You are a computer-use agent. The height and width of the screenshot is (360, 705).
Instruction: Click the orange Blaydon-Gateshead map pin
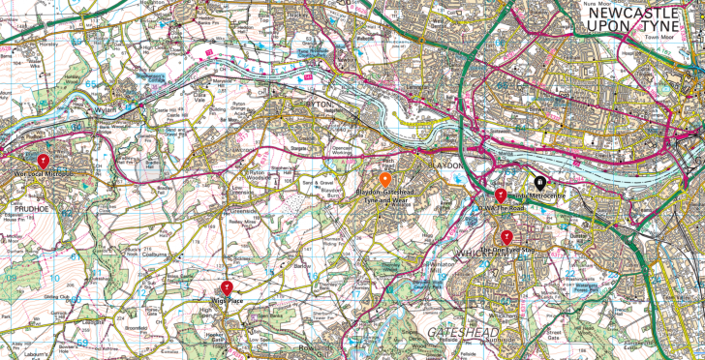tap(384, 179)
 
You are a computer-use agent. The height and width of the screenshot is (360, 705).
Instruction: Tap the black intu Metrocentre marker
tap(540, 181)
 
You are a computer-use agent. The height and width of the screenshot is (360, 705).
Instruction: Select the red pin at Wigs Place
tap(227, 286)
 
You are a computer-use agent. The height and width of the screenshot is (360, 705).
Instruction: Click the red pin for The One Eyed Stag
tap(506, 237)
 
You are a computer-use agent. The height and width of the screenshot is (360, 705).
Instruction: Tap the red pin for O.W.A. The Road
tap(501, 195)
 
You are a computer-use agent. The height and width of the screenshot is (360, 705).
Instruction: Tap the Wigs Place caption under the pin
tap(227, 302)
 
